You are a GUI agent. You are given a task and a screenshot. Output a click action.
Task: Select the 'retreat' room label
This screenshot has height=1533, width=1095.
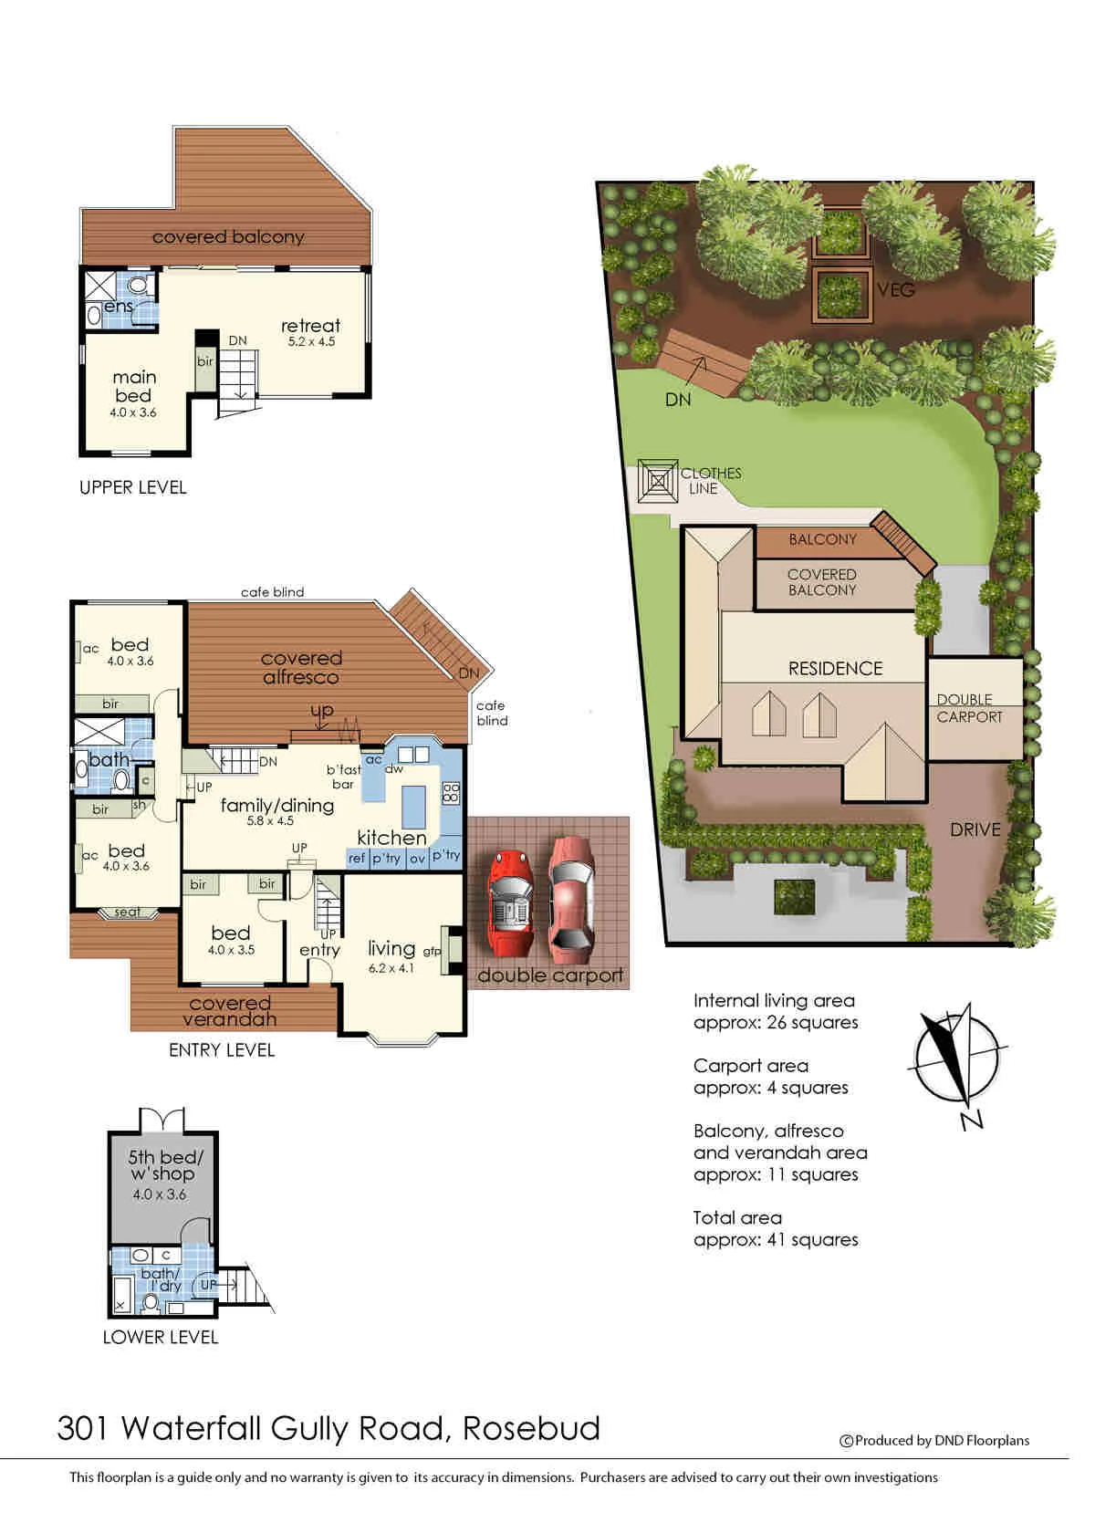[310, 326]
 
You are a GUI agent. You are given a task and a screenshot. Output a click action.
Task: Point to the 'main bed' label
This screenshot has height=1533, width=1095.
[134, 386]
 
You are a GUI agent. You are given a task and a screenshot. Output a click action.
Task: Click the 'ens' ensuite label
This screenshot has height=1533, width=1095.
[119, 306]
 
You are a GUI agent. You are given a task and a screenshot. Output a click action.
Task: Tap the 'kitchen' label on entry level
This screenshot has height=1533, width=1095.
[391, 837]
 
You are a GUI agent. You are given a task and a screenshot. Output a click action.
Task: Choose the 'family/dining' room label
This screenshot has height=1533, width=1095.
[277, 806]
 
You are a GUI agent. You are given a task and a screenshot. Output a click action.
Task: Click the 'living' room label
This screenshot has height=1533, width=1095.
[391, 948]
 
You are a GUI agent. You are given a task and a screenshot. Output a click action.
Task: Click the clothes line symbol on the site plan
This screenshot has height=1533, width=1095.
[658, 480]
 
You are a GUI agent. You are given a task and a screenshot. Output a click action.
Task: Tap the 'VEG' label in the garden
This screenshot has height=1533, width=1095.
[896, 290]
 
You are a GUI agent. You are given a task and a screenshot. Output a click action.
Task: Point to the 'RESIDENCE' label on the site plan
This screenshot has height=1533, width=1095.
[835, 669]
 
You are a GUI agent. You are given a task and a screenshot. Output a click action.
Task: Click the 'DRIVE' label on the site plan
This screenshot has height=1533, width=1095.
[975, 830]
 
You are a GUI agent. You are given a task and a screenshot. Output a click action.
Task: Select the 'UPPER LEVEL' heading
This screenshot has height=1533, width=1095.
[133, 487]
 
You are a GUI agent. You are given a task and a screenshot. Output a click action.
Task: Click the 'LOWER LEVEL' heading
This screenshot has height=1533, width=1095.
[161, 1338]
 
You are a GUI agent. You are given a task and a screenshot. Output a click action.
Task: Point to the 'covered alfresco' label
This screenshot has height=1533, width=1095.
[301, 667]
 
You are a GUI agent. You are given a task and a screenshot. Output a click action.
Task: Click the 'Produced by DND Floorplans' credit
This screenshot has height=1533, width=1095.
[934, 1441]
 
